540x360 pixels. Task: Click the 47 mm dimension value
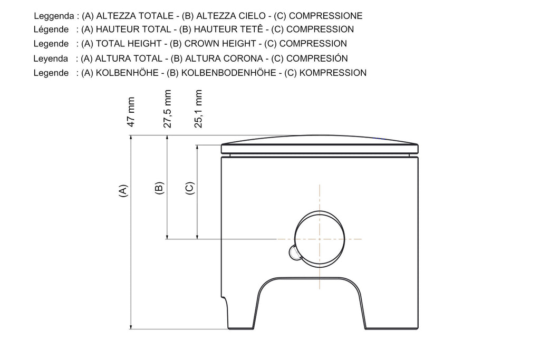click(131, 112)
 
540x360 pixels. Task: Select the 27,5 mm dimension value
click(167, 109)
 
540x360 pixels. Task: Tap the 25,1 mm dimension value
click(198, 109)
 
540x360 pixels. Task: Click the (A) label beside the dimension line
click(123, 191)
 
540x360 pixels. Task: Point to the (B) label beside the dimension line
click(159, 188)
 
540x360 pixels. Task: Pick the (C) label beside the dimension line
click(190, 188)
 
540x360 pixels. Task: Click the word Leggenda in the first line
click(53, 16)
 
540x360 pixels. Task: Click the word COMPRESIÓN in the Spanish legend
click(316, 59)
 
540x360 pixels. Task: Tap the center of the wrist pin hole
click(320, 238)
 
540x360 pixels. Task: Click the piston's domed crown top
click(320, 138)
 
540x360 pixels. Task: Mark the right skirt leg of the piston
click(391, 311)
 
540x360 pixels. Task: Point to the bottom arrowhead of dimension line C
click(197, 236)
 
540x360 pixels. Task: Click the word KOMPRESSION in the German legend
click(333, 73)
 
